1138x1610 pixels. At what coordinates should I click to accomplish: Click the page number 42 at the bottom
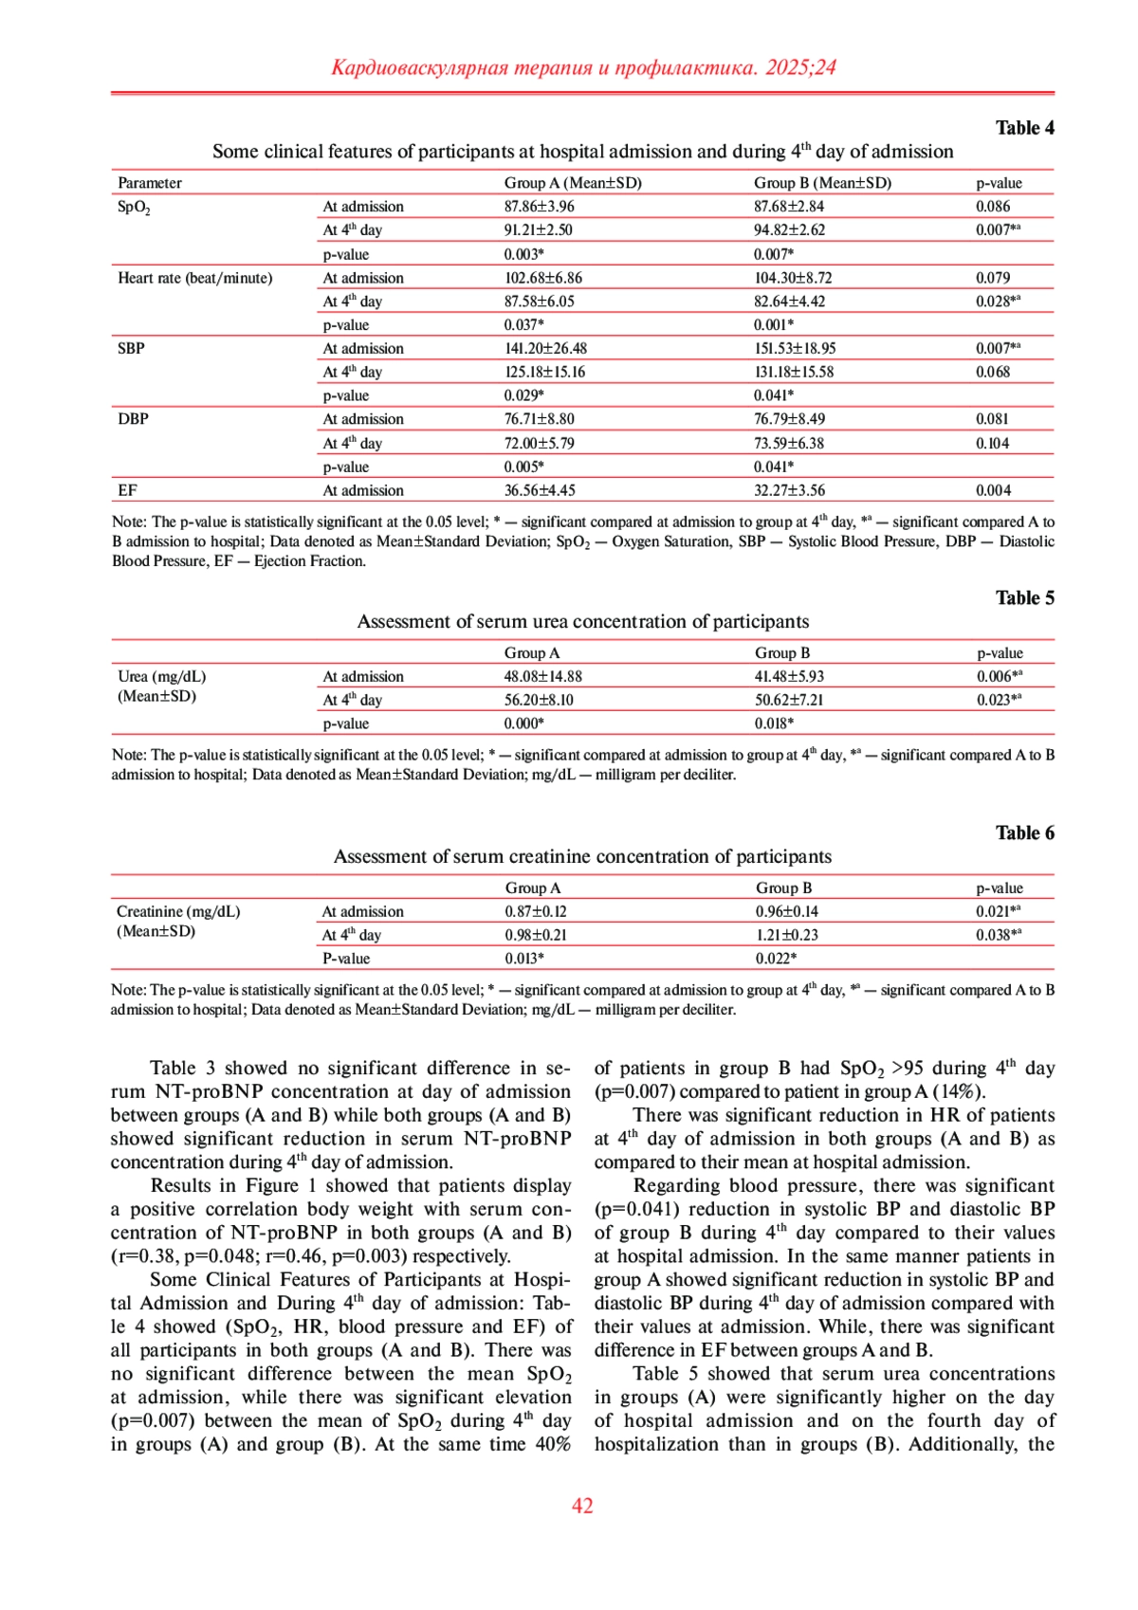coord(582,1506)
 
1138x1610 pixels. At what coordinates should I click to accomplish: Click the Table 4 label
coord(1024,128)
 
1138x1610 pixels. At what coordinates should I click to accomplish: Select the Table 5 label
coord(1024,598)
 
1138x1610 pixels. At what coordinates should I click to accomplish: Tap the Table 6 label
coord(1024,833)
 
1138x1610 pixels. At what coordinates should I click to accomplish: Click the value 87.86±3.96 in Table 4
coord(539,207)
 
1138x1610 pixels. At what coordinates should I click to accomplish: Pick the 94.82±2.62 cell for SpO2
coord(789,230)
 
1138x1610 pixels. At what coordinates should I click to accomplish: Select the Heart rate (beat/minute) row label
coord(194,278)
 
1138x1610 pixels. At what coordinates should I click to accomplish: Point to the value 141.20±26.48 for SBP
coord(545,349)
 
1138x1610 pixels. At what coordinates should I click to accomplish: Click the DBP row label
coord(133,419)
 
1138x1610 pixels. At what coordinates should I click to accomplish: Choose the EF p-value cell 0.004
coord(993,491)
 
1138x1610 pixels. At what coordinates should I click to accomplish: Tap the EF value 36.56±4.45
coord(539,491)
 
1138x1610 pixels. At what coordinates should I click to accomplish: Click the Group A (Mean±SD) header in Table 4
coord(573,183)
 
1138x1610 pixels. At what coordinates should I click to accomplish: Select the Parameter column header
coord(150,183)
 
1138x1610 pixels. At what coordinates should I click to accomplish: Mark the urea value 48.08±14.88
coord(542,677)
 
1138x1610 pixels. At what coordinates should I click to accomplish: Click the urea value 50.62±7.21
coord(789,701)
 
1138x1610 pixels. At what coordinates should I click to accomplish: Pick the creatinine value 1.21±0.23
coord(786,935)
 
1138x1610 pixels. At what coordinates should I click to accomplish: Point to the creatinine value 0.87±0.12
coord(535,912)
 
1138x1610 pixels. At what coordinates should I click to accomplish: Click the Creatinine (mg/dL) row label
coord(178,912)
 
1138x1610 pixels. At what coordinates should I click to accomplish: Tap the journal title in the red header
coord(582,67)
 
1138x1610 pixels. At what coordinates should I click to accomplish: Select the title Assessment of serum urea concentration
coord(582,622)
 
